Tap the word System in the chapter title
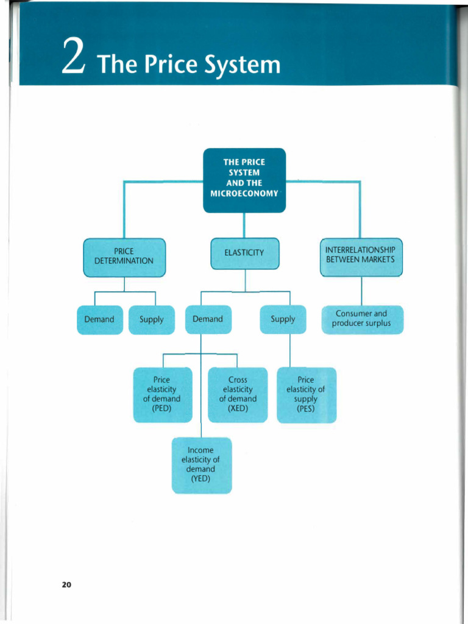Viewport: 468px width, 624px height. [243, 63]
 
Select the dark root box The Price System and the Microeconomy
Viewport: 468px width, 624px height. [244, 180]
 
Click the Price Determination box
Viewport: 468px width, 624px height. [124, 257]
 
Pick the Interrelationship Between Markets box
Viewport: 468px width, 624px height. [361, 256]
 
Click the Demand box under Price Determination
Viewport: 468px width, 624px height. [99, 319]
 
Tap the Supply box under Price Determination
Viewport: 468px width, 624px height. [151, 319]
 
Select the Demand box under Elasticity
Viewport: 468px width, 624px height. [208, 319]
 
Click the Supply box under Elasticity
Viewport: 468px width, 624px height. [283, 319]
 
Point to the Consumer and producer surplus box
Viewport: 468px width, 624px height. [362, 319]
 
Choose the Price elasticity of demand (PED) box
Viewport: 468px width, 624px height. [162, 394]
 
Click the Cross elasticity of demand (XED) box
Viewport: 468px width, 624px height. [238, 394]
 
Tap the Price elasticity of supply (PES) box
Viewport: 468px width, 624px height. [306, 394]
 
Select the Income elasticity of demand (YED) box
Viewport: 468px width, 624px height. [201, 465]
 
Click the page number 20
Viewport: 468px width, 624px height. [66, 584]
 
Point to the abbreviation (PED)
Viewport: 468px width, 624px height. [161, 408]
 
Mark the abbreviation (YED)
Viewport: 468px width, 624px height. [200, 479]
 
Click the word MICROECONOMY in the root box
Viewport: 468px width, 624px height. [244, 194]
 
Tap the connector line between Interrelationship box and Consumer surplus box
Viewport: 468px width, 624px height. [362, 291]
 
